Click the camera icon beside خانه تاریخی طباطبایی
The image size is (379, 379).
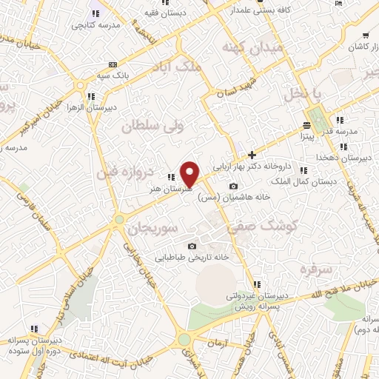[x=192, y=246]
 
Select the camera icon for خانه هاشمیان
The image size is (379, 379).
[x=234, y=186]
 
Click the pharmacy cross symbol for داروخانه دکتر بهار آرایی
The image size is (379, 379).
[x=252, y=155]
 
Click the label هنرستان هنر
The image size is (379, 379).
[x=165, y=189]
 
